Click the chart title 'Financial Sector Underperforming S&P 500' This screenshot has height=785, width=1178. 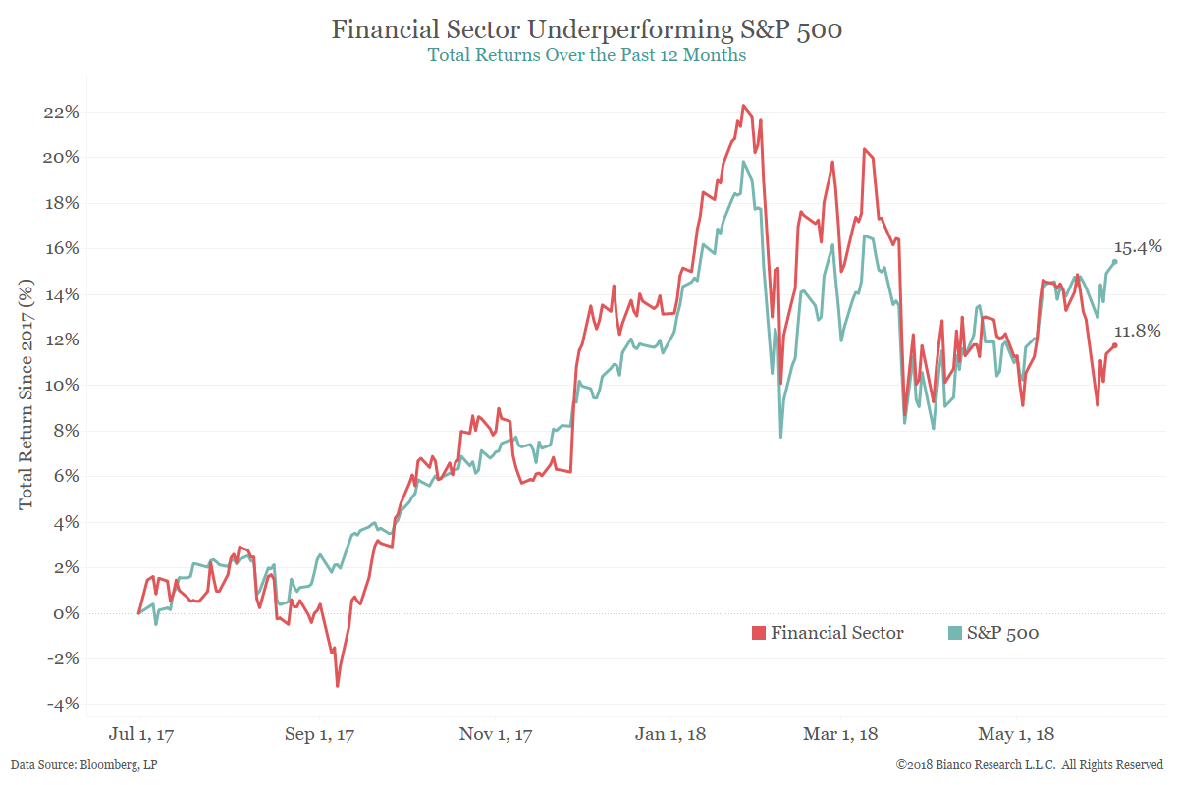pos(586,30)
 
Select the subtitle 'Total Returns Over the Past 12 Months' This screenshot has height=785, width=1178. pos(586,55)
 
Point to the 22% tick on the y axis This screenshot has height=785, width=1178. pos(60,112)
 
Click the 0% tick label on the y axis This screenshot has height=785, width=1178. pos(65,613)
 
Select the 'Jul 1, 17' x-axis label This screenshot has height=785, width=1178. pos(144,734)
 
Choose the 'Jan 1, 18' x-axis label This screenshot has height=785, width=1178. pos(670,734)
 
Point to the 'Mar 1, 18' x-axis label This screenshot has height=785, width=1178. pos(841,734)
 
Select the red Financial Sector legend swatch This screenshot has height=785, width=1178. pos(758,633)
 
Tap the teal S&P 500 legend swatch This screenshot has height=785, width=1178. pos(954,633)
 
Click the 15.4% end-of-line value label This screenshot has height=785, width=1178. pos(1138,247)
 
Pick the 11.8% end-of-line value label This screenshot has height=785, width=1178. pos(1138,332)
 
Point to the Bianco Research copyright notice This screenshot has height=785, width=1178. pos(1030,764)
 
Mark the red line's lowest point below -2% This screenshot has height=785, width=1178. pos(337,685)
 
